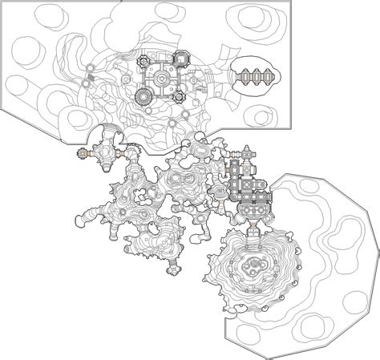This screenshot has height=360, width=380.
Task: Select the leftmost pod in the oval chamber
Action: (x=240, y=76)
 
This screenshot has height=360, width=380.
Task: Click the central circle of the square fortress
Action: (x=164, y=78)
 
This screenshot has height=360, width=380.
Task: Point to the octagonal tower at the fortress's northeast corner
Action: (x=184, y=58)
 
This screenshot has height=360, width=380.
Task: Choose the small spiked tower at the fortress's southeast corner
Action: (x=180, y=97)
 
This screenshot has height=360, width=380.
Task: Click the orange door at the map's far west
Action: (x=82, y=152)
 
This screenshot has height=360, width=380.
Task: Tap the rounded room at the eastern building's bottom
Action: (x=256, y=208)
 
